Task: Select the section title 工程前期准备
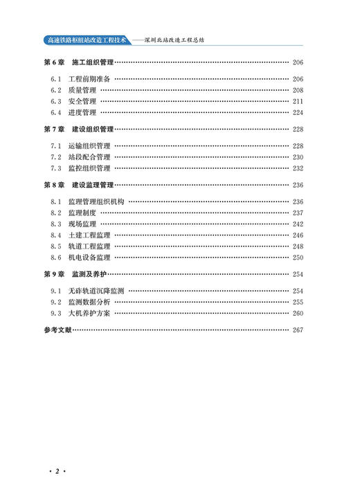tap(90, 79)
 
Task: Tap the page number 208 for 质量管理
tap(298, 90)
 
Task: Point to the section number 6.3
tap(56, 101)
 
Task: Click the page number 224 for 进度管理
tap(298, 112)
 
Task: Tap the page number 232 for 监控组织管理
tap(298, 168)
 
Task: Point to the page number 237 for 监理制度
tap(298, 213)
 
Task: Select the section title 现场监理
tap(82, 224)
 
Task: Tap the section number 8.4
tap(56, 235)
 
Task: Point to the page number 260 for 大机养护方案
tap(298, 313)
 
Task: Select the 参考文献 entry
tap(57, 330)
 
